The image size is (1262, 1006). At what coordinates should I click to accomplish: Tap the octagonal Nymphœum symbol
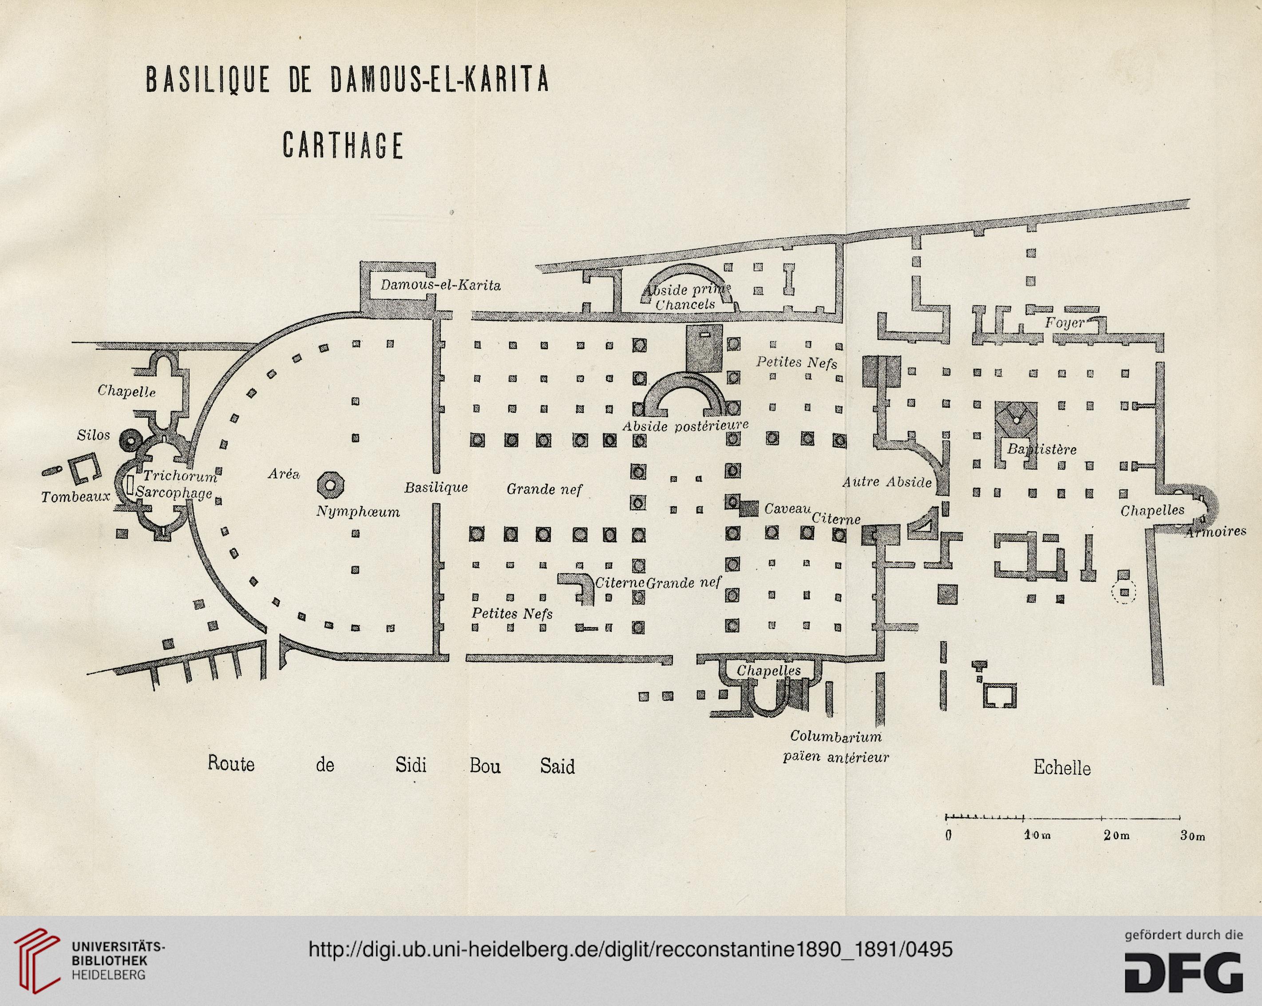[x=330, y=485]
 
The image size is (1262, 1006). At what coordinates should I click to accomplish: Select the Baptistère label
[x=1041, y=450]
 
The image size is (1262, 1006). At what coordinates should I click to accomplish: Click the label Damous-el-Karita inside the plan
[x=440, y=286]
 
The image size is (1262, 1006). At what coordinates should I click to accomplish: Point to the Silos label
[x=93, y=435]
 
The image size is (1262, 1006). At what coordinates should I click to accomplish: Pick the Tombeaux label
[x=75, y=497]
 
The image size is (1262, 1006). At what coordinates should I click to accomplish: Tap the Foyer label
[x=1065, y=323]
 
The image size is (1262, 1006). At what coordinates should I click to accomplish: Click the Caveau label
[x=787, y=509]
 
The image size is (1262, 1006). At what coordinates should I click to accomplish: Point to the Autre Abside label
[x=887, y=482]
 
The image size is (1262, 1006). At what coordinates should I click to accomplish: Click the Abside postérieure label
[x=685, y=426]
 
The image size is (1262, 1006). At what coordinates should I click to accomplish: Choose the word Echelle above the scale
[x=1062, y=767]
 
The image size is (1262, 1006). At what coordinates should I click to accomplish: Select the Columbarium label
[x=836, y=736]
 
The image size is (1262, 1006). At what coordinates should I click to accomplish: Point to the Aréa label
[x=284, y=473]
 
